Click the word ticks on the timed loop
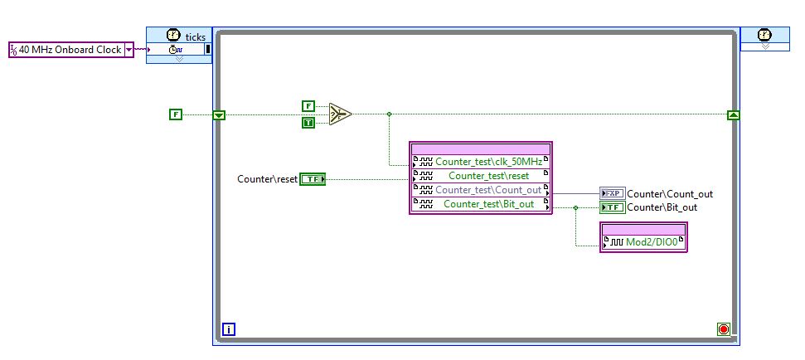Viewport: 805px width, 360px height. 195,36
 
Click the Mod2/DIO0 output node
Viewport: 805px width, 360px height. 644,242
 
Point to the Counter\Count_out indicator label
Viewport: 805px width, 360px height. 670,194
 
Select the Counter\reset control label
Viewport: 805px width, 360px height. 267,178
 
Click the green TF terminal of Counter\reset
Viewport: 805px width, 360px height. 313,178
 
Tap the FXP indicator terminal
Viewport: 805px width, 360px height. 612,193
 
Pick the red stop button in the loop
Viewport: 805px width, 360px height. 724,330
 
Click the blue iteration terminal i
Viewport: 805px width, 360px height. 229,330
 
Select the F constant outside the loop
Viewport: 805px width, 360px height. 175,114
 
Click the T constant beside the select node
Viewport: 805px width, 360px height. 308,123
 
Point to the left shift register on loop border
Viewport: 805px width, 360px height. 219,114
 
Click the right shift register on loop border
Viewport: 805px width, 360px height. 733,114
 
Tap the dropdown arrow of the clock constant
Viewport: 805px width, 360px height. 129,50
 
